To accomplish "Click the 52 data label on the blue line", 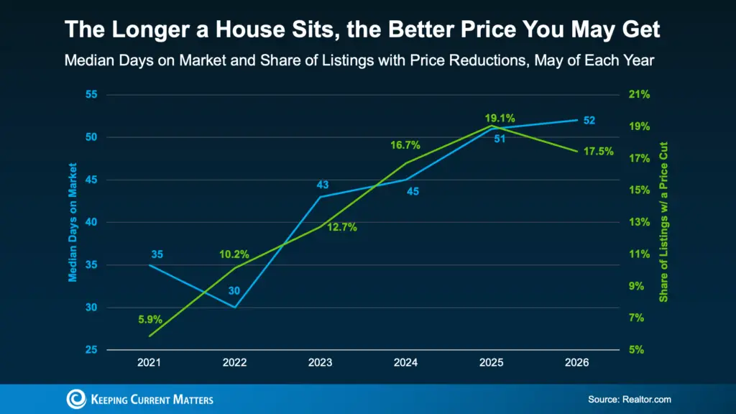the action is [x=589, y=121].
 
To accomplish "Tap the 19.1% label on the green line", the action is [x=500, y=119].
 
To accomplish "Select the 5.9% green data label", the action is [x=150, y=320].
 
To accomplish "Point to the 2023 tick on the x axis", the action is [x=320, y=362].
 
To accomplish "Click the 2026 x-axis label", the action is [x=577, y=362].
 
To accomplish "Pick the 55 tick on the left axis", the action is [x=91, y=94].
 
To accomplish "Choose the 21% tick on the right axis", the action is [x=639, y=94].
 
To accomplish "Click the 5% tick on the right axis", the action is [x=637, y=350].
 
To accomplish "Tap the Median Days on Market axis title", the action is [x=73, y=223].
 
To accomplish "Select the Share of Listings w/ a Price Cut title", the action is [x=663, y=222].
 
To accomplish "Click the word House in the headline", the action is [x=250, y=29].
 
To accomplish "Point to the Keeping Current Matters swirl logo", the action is [x=76, y=399].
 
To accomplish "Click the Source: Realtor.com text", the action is [x=630, y=400].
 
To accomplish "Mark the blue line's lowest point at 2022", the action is [x=235, y=308].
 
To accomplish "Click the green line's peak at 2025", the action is [x=492, y=126].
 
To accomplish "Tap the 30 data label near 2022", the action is [x=234, y=290].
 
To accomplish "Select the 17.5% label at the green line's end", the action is [x=599, y=151].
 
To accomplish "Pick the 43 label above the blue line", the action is [x=323, y=185].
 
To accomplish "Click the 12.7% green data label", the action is [x=341, y=228].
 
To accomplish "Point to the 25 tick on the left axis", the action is [x=91, y=350].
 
